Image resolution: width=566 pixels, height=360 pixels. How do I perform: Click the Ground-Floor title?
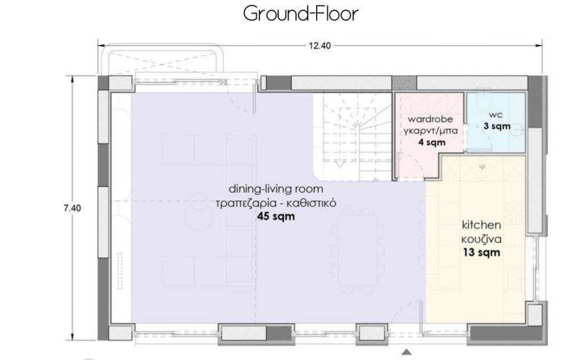point(301,14)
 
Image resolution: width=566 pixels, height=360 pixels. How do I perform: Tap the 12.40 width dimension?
point(319,46)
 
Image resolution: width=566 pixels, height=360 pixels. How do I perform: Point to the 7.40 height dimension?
point(72,208)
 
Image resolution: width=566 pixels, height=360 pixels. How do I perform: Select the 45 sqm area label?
point(276,216)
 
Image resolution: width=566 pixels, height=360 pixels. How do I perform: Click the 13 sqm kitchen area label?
point(482,252)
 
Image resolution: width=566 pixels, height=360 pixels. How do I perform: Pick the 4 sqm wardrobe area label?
point(432,142)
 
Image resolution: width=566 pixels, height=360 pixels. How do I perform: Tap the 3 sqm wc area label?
point(497,126)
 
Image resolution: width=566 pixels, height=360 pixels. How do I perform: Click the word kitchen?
point(482,225)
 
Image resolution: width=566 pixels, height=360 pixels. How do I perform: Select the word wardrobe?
point(430,119)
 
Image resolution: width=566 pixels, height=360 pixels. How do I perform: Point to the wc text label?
point(495,115)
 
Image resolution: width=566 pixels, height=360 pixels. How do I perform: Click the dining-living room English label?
point(276,189)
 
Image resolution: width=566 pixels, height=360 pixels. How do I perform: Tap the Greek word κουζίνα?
point(482,239)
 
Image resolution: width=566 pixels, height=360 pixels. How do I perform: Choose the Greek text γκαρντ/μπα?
point(430,131)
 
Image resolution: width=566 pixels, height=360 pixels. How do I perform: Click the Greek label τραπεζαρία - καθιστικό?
point(276,203)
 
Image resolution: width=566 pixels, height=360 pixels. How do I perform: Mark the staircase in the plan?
point(352,136)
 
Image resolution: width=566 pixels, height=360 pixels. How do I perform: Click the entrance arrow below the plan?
point(407,352)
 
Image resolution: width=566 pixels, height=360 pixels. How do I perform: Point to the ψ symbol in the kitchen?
point(482,167)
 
